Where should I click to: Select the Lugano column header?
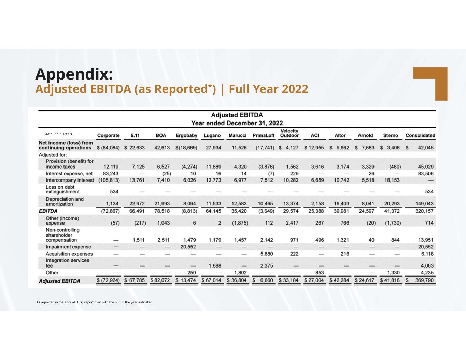tap(212, 135)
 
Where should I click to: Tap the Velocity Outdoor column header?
tap(289, 133)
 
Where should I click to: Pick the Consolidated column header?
tap(420, 135)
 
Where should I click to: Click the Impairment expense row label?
tap(68, 247)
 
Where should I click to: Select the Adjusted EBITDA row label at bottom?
tap(59, 281)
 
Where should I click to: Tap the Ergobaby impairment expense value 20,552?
tap(188, 247)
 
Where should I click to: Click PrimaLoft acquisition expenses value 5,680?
tap(266, 254)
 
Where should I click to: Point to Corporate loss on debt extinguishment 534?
tap(114, 191)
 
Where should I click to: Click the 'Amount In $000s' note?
tap(58, 134)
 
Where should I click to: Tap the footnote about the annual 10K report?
tap(94, 302)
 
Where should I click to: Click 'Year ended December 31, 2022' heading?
tap(237, 123)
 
